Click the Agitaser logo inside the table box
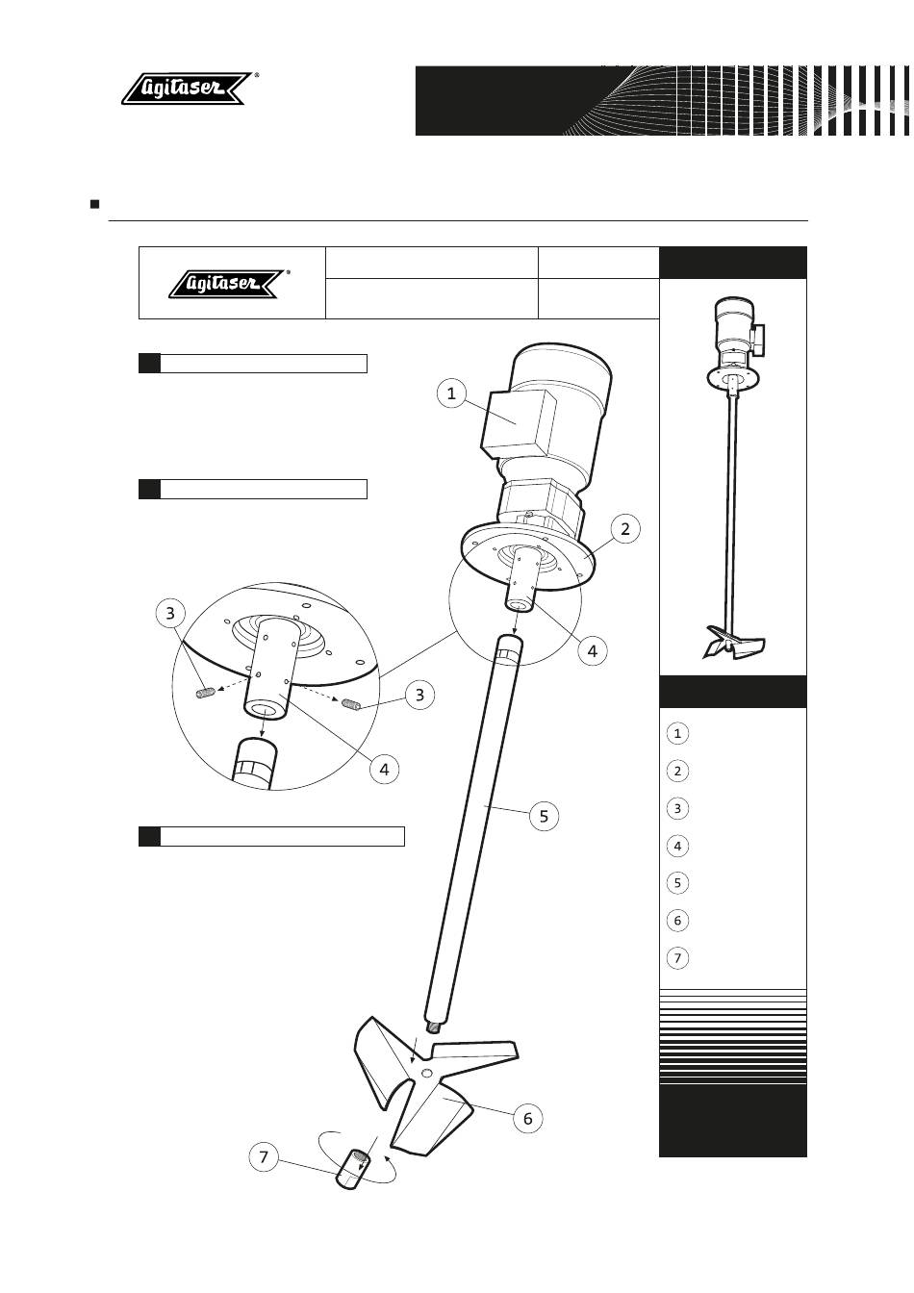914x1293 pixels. click(229, 284)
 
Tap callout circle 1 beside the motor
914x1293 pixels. click(451, 393)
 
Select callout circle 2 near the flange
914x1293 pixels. click(624, 529)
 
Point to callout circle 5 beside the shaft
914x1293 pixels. click(544, 816)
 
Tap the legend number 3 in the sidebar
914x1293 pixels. click(677, 809)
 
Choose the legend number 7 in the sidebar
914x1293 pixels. click(677, 958)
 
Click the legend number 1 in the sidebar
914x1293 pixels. click(677, 734)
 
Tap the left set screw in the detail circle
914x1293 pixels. click(206, 692)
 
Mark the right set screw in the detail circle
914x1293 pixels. click(351, 704)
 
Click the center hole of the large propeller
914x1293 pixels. click(426, 1072)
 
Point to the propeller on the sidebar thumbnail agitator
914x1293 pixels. click(733, 643)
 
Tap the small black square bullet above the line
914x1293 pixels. click(95, 204)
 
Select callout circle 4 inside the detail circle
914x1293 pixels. click(384, 769)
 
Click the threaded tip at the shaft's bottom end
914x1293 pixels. click(434, 1027)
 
